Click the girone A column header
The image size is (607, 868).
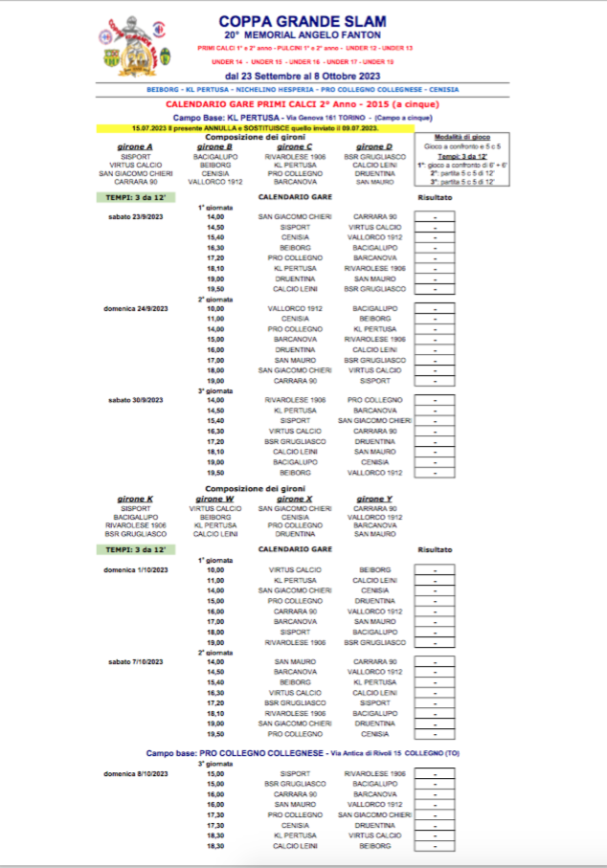click(134, 145)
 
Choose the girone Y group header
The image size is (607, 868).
click(373, 499)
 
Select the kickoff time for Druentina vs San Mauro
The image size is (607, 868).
click(214, 278)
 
